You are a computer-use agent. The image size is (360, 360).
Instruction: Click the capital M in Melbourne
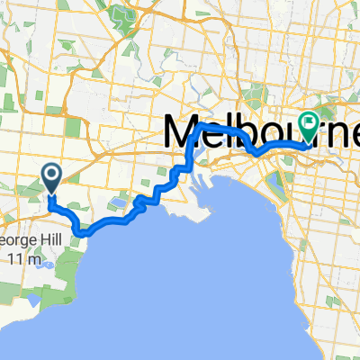(181, 134)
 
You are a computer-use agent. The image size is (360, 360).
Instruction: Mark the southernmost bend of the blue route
(84, 233)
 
